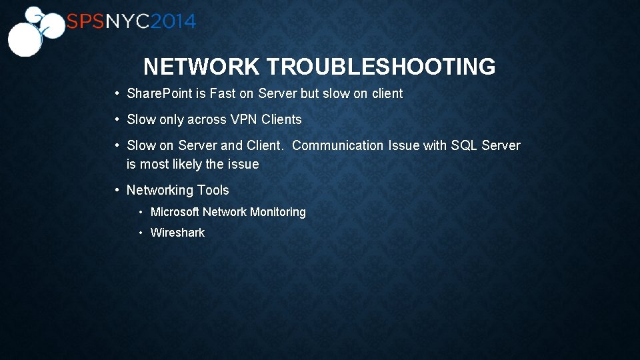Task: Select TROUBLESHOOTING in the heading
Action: pyautogui.click(x=381, y=67)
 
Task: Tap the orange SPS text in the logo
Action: pyautogui.click(x=85, y=22)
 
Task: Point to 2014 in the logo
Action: pyautogui.click(x=173, y=22)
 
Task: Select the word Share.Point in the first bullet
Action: pyautogui.click(x=159, y=94)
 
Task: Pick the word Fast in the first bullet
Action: pyautogui.click(x=223, y=94)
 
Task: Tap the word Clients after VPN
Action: pyautogui.click(x=281, y=120)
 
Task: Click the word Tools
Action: pyautogui.click(x=213, y=191)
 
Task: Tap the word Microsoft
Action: pyautogui.click(x=175, y=212)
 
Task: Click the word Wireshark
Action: pyautogui.click(x=177, y=233)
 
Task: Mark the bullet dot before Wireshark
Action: pyautogui.click(x=141, y=233)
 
